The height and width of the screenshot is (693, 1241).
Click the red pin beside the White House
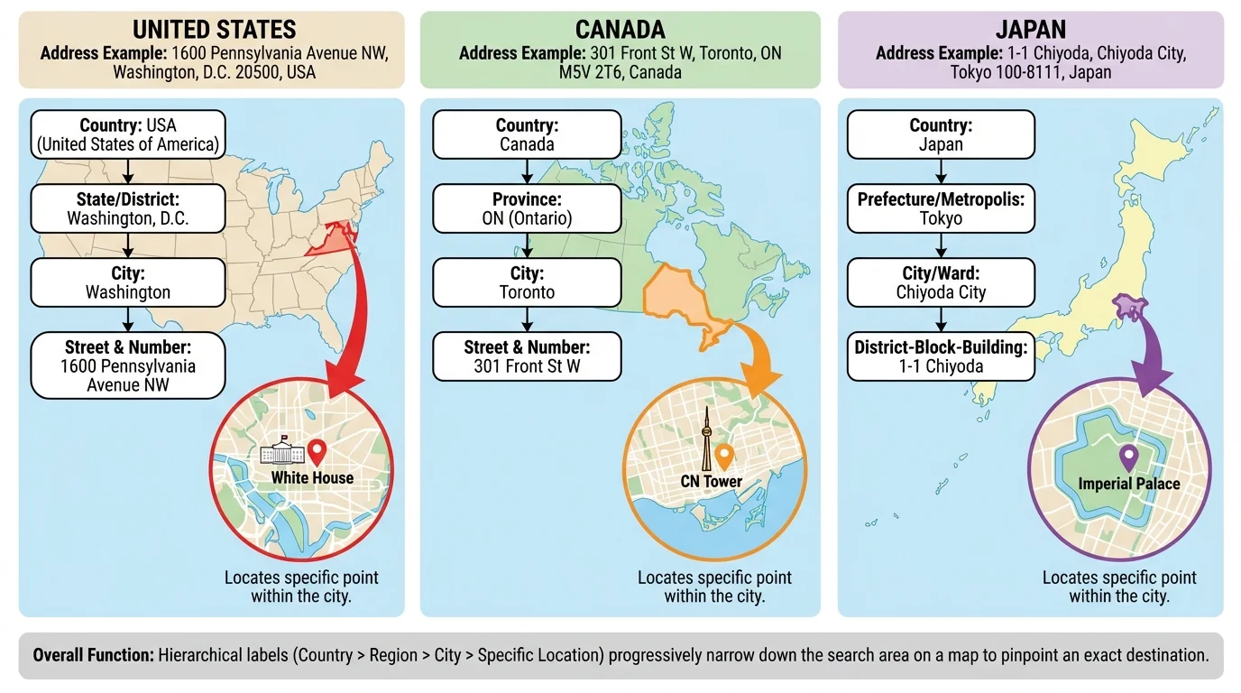[316, 450]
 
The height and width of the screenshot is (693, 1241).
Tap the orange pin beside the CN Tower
[723, 455]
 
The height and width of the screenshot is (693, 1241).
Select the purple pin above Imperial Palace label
[1128, 457]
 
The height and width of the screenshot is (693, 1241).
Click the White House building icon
[282, 453]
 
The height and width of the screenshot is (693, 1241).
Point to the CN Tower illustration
[707, 439]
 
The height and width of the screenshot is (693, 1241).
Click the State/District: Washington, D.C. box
[127, 208]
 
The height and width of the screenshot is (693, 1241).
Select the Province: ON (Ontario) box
[527, 208]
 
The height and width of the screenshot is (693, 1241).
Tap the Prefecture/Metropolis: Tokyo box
[941, 208]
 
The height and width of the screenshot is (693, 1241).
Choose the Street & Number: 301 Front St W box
[527, 356]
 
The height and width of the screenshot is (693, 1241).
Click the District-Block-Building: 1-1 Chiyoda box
[941, 356]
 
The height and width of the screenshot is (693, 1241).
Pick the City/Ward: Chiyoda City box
[941, 282]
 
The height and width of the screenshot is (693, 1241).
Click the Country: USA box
[127, 134]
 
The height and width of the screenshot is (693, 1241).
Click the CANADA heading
[620, 29]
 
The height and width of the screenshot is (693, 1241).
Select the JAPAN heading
[1031, 29]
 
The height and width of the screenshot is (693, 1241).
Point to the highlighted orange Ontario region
[677, 293]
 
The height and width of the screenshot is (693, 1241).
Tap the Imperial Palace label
[1129, 484]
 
